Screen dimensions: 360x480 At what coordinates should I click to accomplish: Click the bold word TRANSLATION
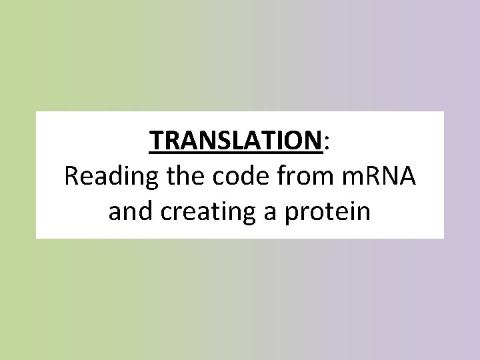(x=236, y=141)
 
